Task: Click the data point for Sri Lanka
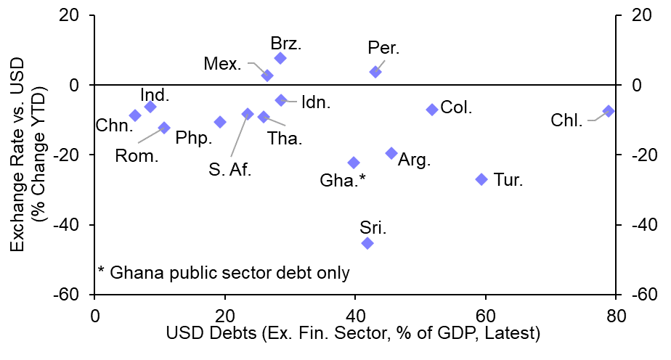pos(367,243)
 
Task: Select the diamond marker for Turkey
pos(481,179)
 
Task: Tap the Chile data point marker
pos(609,111)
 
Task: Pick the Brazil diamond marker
pos(280,58)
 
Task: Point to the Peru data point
pos(375,72)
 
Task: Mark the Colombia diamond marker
pos(432,110)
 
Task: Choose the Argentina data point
pos(391,153)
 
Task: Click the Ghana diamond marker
pos(354,163)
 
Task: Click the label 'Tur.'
pos(508,180)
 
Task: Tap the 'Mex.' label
pos(223,64)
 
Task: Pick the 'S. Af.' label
pos(229,170)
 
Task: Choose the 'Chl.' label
pos(566,121)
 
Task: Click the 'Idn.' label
pos(315,102)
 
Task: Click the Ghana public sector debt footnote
pos(224,273)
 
